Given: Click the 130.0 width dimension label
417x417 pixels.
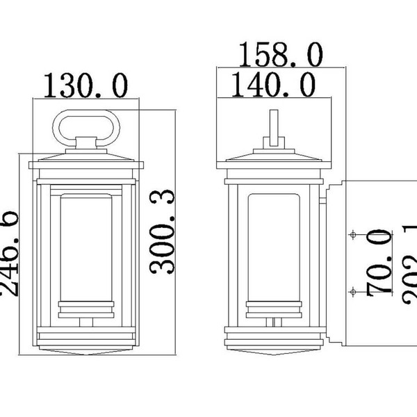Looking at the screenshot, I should tap(86, 86).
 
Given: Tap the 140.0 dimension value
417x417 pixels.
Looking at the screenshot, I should tap(273, 86).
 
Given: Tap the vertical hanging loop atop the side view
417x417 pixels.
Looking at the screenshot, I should tap(273, 129).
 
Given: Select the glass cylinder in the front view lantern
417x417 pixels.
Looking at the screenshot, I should tap(88, 247).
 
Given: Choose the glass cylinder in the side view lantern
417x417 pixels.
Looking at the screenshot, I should tap(272, 247).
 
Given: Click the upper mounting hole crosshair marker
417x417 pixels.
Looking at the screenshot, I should tap(353, 235).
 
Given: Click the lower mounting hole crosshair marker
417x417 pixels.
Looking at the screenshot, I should tap(353, 290).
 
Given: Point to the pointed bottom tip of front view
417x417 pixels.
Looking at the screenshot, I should tap(88, 352).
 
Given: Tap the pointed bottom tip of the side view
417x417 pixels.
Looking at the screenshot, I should tap(273, 352).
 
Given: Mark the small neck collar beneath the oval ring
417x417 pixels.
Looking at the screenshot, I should tap(88, 145).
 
